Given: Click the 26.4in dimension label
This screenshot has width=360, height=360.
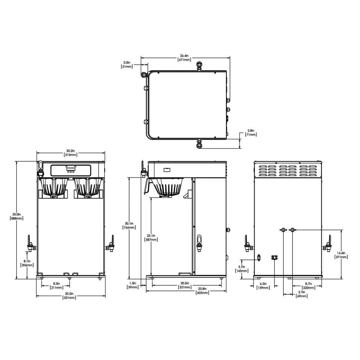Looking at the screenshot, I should click(x=184, y=58).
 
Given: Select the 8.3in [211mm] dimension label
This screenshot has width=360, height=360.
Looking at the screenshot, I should click(x=56, y=285).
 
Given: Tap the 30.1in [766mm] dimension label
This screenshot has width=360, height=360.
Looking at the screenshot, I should click(x=129, y=226).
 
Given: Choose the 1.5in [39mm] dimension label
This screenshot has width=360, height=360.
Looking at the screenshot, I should click(x=133, y=285).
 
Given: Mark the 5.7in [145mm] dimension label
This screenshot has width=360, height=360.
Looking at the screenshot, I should click(x=242, y=269).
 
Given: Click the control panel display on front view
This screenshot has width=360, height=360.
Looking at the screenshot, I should click(x=71, y=170).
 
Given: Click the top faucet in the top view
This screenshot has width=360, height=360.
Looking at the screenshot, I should click(x=199, y=65).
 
